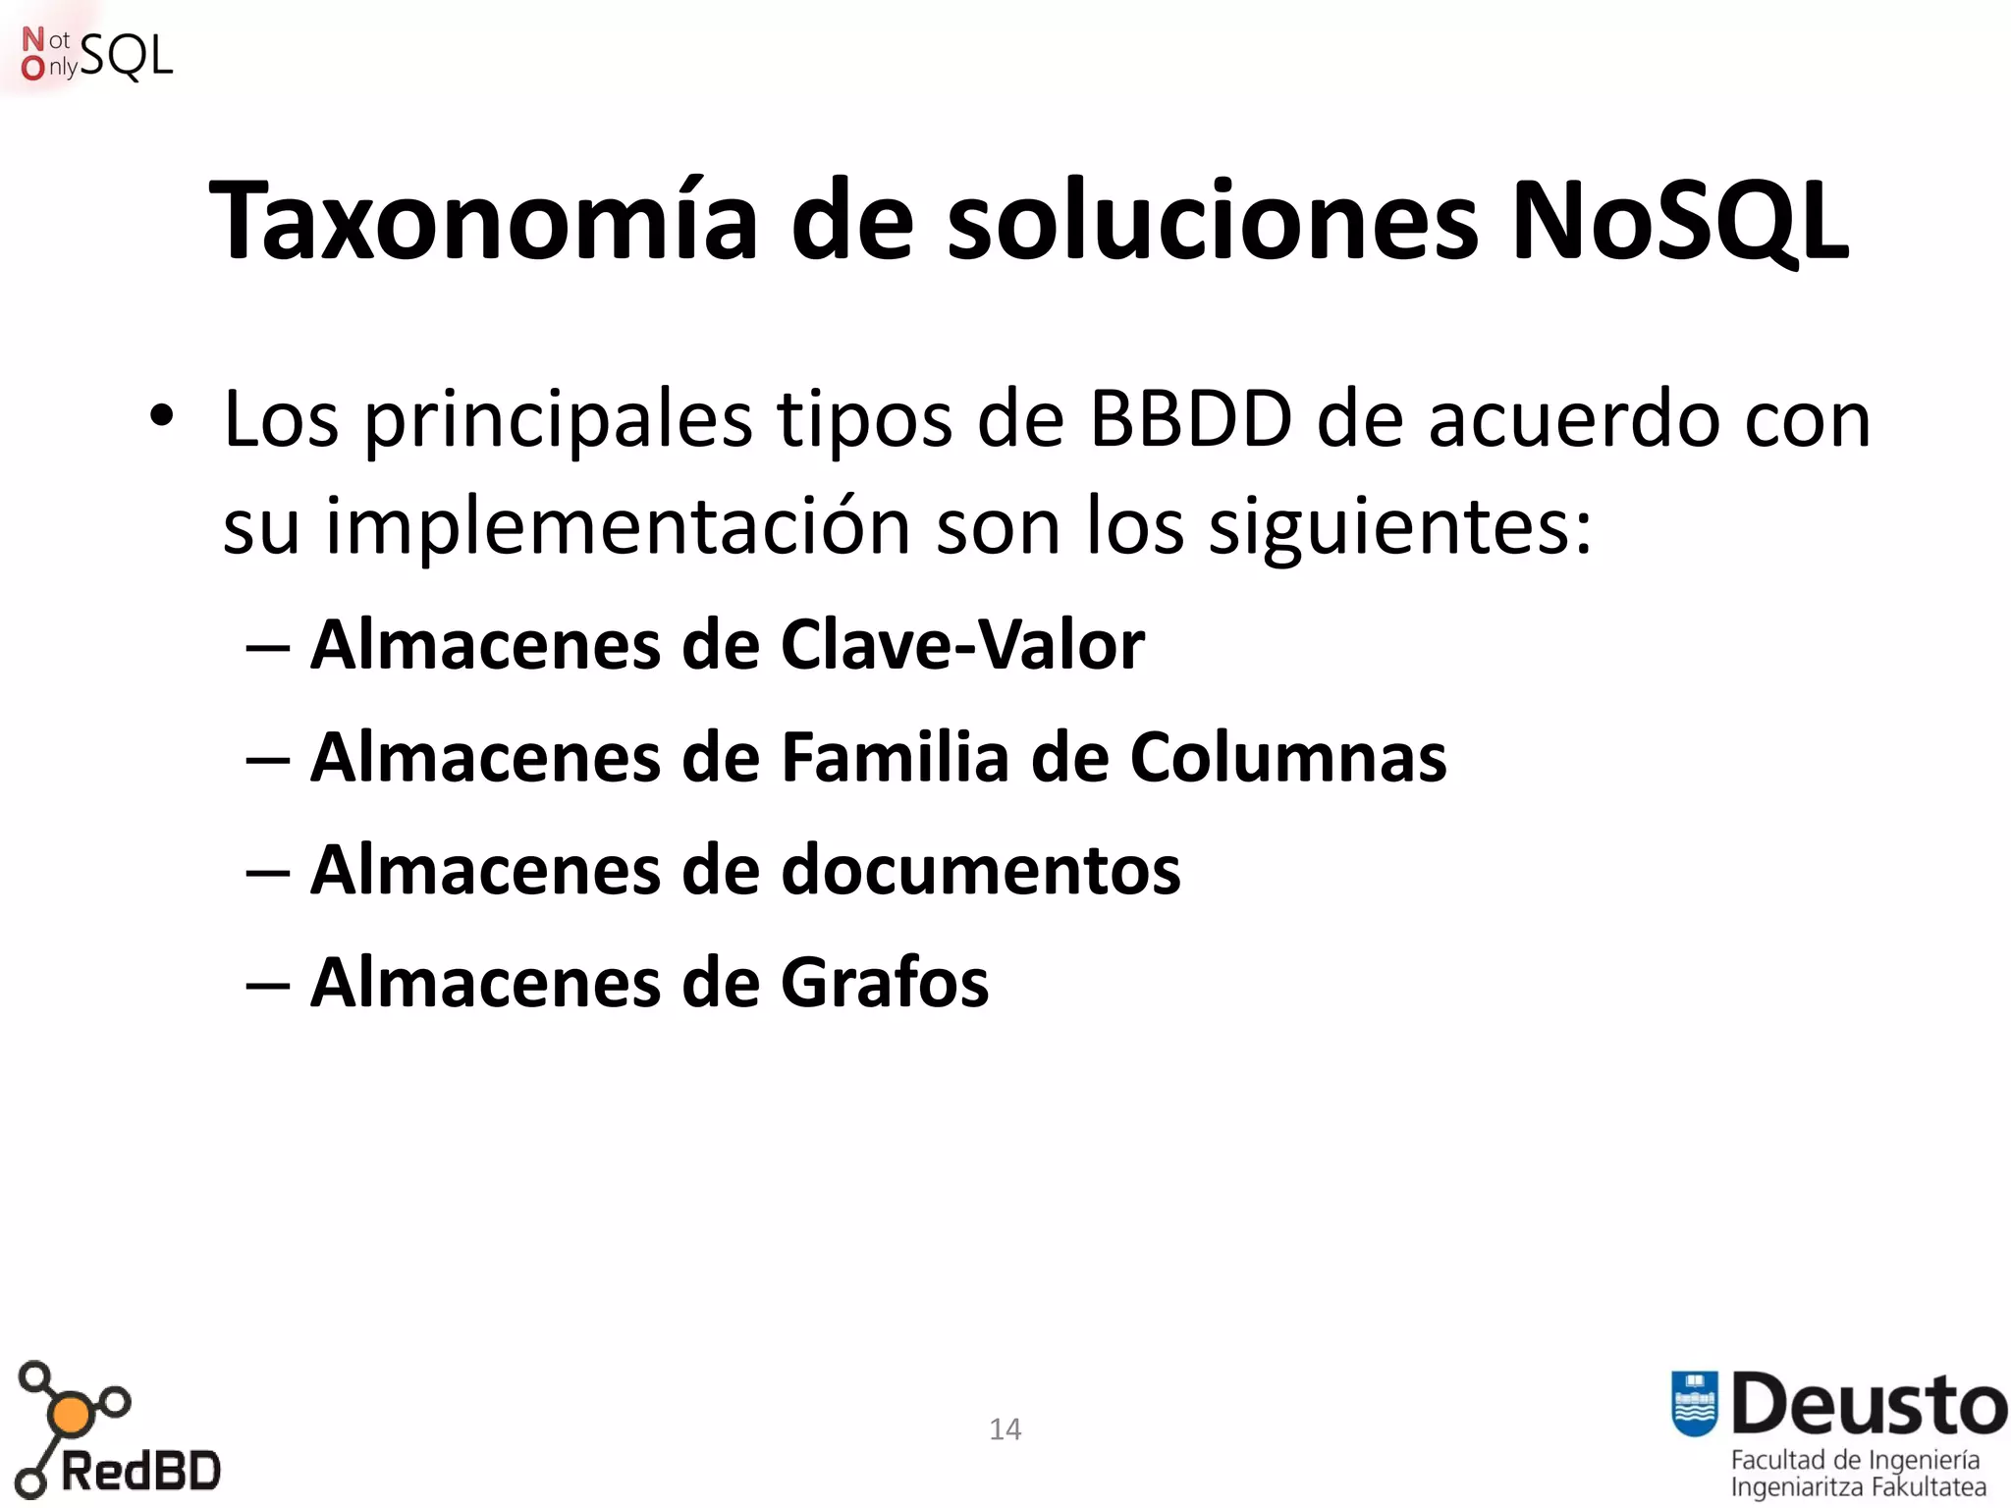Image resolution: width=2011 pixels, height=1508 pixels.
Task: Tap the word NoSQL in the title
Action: [x=1679, y=221]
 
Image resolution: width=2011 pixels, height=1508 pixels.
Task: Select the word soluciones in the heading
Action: [x=1212, y=221]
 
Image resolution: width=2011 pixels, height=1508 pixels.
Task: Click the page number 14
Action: [x=1005, y=1428]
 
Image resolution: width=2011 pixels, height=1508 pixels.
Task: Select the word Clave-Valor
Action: [x=962, y=645]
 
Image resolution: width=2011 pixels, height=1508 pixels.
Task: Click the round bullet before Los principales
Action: [x=161, y=417]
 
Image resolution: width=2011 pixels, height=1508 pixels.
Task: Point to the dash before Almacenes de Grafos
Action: [x=267, y=984]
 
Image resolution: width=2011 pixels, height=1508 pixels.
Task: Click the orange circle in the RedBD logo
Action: [x=71, y=1415]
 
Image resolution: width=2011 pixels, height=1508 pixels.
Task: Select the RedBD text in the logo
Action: [x=140, y=1472]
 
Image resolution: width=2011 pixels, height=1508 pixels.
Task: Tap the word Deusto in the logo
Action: [x=1869, y=1404]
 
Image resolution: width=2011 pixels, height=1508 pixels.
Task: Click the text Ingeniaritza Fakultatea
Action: [x=1858, y=1487]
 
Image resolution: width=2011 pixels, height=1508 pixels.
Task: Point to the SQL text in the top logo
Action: [x=126, y=56]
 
